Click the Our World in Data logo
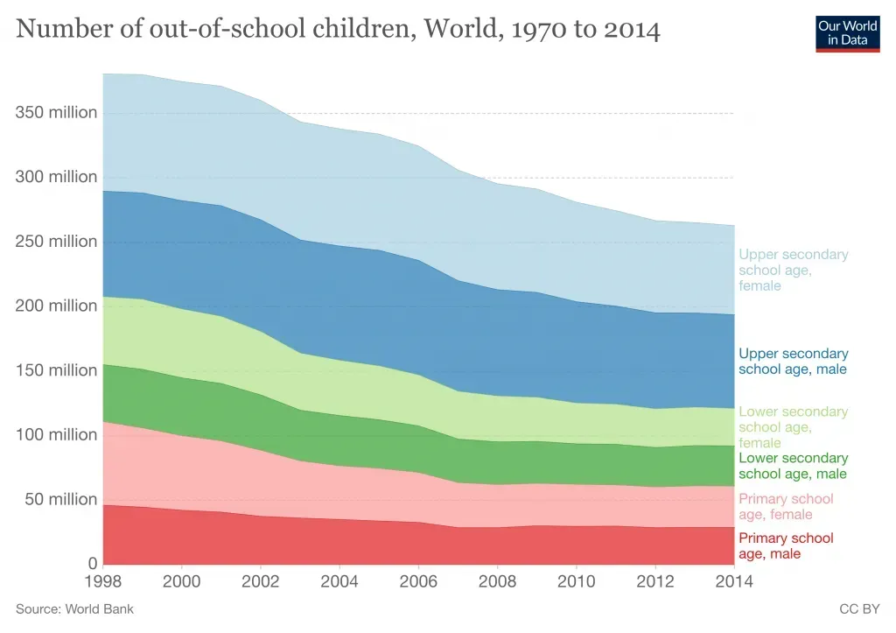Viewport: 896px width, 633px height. point(847,32)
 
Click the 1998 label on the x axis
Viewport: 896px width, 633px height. point(103,580)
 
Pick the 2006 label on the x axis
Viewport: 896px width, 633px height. point(418,580)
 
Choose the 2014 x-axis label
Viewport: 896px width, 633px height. point(733,580)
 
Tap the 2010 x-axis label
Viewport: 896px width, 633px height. point(576,580)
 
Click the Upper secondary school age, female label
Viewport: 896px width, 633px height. point(793,270)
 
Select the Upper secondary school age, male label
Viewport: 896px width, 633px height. point(793,362)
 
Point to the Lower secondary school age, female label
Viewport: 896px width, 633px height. point(793,427)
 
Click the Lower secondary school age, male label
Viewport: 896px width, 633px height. point(793,466)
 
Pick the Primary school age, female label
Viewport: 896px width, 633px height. point(786,507)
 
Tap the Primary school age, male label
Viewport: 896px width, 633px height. point(786,545)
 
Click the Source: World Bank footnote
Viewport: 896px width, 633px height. point(75,608)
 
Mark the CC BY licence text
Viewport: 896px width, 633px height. point(858,608)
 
